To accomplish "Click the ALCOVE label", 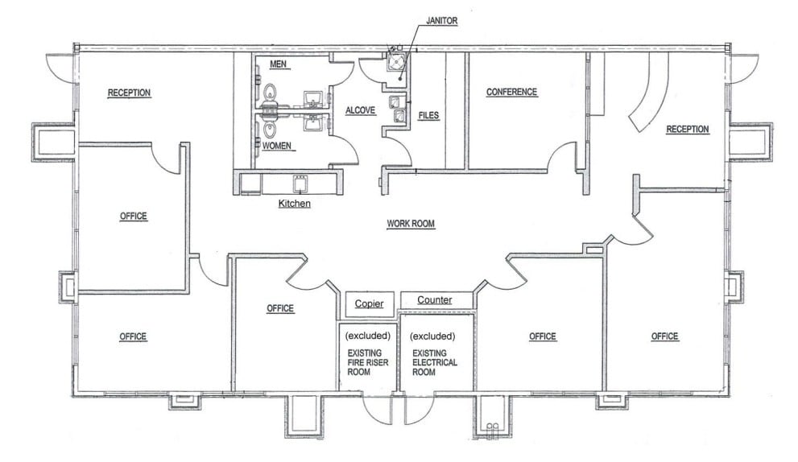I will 361,109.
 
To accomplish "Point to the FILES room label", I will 428,116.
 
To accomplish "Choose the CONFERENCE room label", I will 511,92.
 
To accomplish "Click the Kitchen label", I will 294,204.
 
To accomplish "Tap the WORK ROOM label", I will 411,223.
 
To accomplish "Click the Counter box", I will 434,300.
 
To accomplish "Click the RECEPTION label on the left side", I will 129,93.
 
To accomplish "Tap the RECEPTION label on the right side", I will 687,129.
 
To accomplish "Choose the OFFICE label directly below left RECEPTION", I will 133,216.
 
